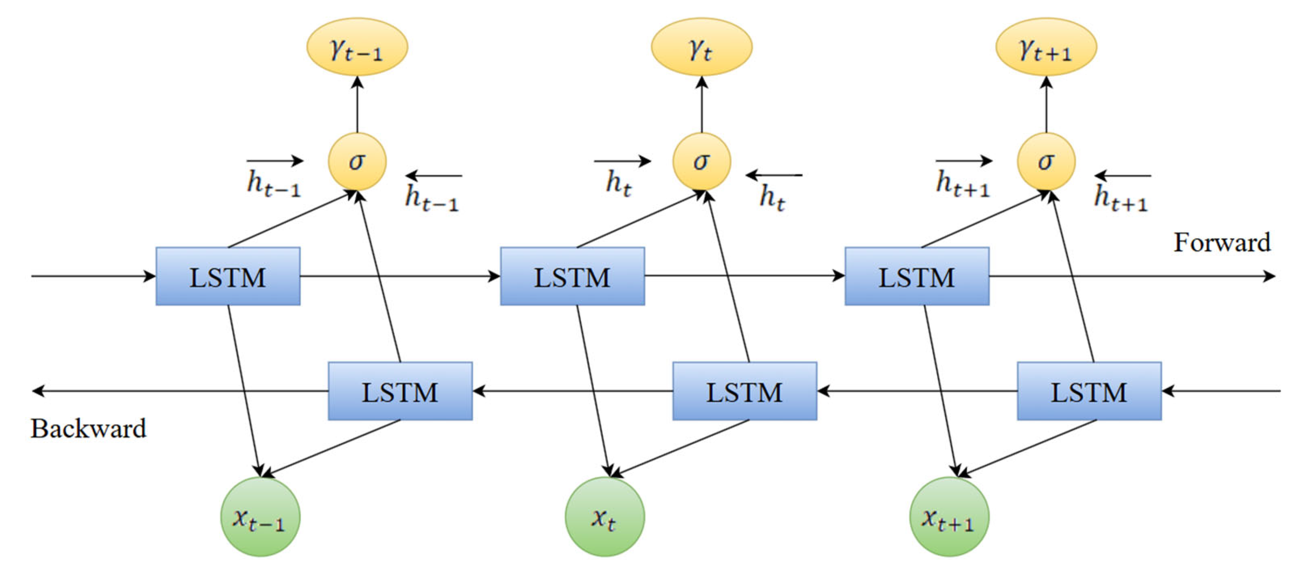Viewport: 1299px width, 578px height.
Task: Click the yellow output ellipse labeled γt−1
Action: pyautogui.click(x=357, y=47)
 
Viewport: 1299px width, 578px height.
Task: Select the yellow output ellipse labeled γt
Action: pyautogui.click(x=701, y=47)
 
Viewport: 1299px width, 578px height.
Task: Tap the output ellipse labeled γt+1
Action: pyautogui.click(x=1046, y=47)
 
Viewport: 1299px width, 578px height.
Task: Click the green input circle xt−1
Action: pyautogui.click(x=260, y=517)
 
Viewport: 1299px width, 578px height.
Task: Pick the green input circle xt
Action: pyautogui.click(x=605, y=517)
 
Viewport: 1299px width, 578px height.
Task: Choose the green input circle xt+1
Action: pyautogui.click(x=949, y=517)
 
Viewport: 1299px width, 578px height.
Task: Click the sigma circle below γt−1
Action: pyautogui.click(x=357, y=161)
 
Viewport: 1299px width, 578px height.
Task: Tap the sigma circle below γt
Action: pyautogui.click(x=701, y=161)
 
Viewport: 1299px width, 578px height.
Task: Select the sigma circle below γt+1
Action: pyautogui.click(x=1046, y=161)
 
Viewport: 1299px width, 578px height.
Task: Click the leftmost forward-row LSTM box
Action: pyautogui.click(x=228, y=277)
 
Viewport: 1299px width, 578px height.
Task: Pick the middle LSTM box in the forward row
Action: pyautogui.click(x=572, y=277)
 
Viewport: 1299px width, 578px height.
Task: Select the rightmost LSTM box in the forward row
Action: pyautogui.click(x=917, y=277)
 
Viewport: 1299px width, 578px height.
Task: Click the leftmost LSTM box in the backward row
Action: pyautogui.click(x=400, y=391)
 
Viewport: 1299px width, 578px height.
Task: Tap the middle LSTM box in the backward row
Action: pyautogui.click(x=744, y=391)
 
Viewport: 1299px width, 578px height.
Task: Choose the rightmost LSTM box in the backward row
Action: pyautogui.click(x=1089, y=391)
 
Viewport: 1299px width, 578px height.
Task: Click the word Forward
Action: pyautogui.click(x=1221, y=243)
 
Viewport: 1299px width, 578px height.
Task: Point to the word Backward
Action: pyautogui.click(x=89, y=429)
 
